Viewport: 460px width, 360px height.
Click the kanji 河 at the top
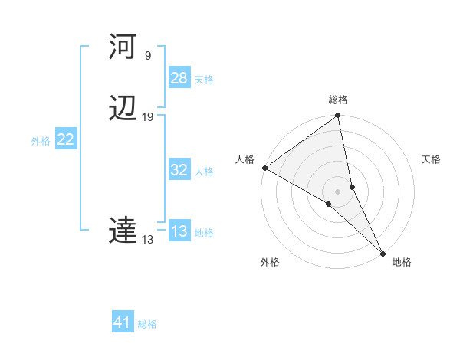tap(123, 47)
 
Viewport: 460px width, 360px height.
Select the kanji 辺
tap(123, 110)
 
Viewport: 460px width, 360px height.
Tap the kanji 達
tap(123, 230)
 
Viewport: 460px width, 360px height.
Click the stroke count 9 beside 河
tap(147, 55)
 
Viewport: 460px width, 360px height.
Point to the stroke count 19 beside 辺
tap(148, 117)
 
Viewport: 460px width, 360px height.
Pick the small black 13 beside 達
tap(148, 240)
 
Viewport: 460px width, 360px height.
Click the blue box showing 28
tap(179, 77)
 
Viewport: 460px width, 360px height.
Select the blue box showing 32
tap(179, 170)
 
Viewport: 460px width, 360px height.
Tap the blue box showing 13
tap(179, 231)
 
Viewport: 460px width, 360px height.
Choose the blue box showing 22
tap(66, 139)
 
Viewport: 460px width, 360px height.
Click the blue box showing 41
tap(123, 322)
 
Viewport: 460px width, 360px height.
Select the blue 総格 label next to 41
tap(147, 324)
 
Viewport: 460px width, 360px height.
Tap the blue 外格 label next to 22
tap(41, 141)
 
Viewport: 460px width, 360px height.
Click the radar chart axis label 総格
tap(338, 100)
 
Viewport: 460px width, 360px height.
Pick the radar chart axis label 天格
tap(432, 159)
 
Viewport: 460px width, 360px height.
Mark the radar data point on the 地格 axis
tap(383, 253)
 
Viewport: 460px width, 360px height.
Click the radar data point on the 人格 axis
tap(264, 168)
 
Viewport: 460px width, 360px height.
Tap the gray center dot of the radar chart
tap(337, 191)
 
